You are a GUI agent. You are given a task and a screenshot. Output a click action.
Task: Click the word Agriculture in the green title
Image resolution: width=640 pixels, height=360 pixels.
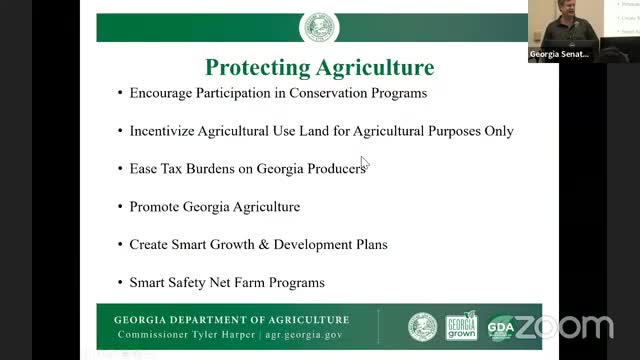[377, 68]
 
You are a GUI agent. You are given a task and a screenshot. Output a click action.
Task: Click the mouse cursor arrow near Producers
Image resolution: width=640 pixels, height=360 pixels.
[365, 163]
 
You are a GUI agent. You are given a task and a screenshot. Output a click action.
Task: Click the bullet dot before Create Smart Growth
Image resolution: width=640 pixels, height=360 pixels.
[119, 244]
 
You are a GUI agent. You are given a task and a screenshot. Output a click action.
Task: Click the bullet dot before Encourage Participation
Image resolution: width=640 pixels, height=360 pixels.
[119, 93]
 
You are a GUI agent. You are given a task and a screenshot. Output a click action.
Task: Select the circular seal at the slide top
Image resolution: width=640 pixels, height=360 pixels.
[319, 27]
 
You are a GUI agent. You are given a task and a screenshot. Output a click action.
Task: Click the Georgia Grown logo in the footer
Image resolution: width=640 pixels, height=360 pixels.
[461, 327]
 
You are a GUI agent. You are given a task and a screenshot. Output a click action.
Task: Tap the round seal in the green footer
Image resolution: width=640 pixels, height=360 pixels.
[422, 327]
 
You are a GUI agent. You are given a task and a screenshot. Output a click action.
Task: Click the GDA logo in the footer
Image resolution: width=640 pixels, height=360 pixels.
[500, 327]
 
